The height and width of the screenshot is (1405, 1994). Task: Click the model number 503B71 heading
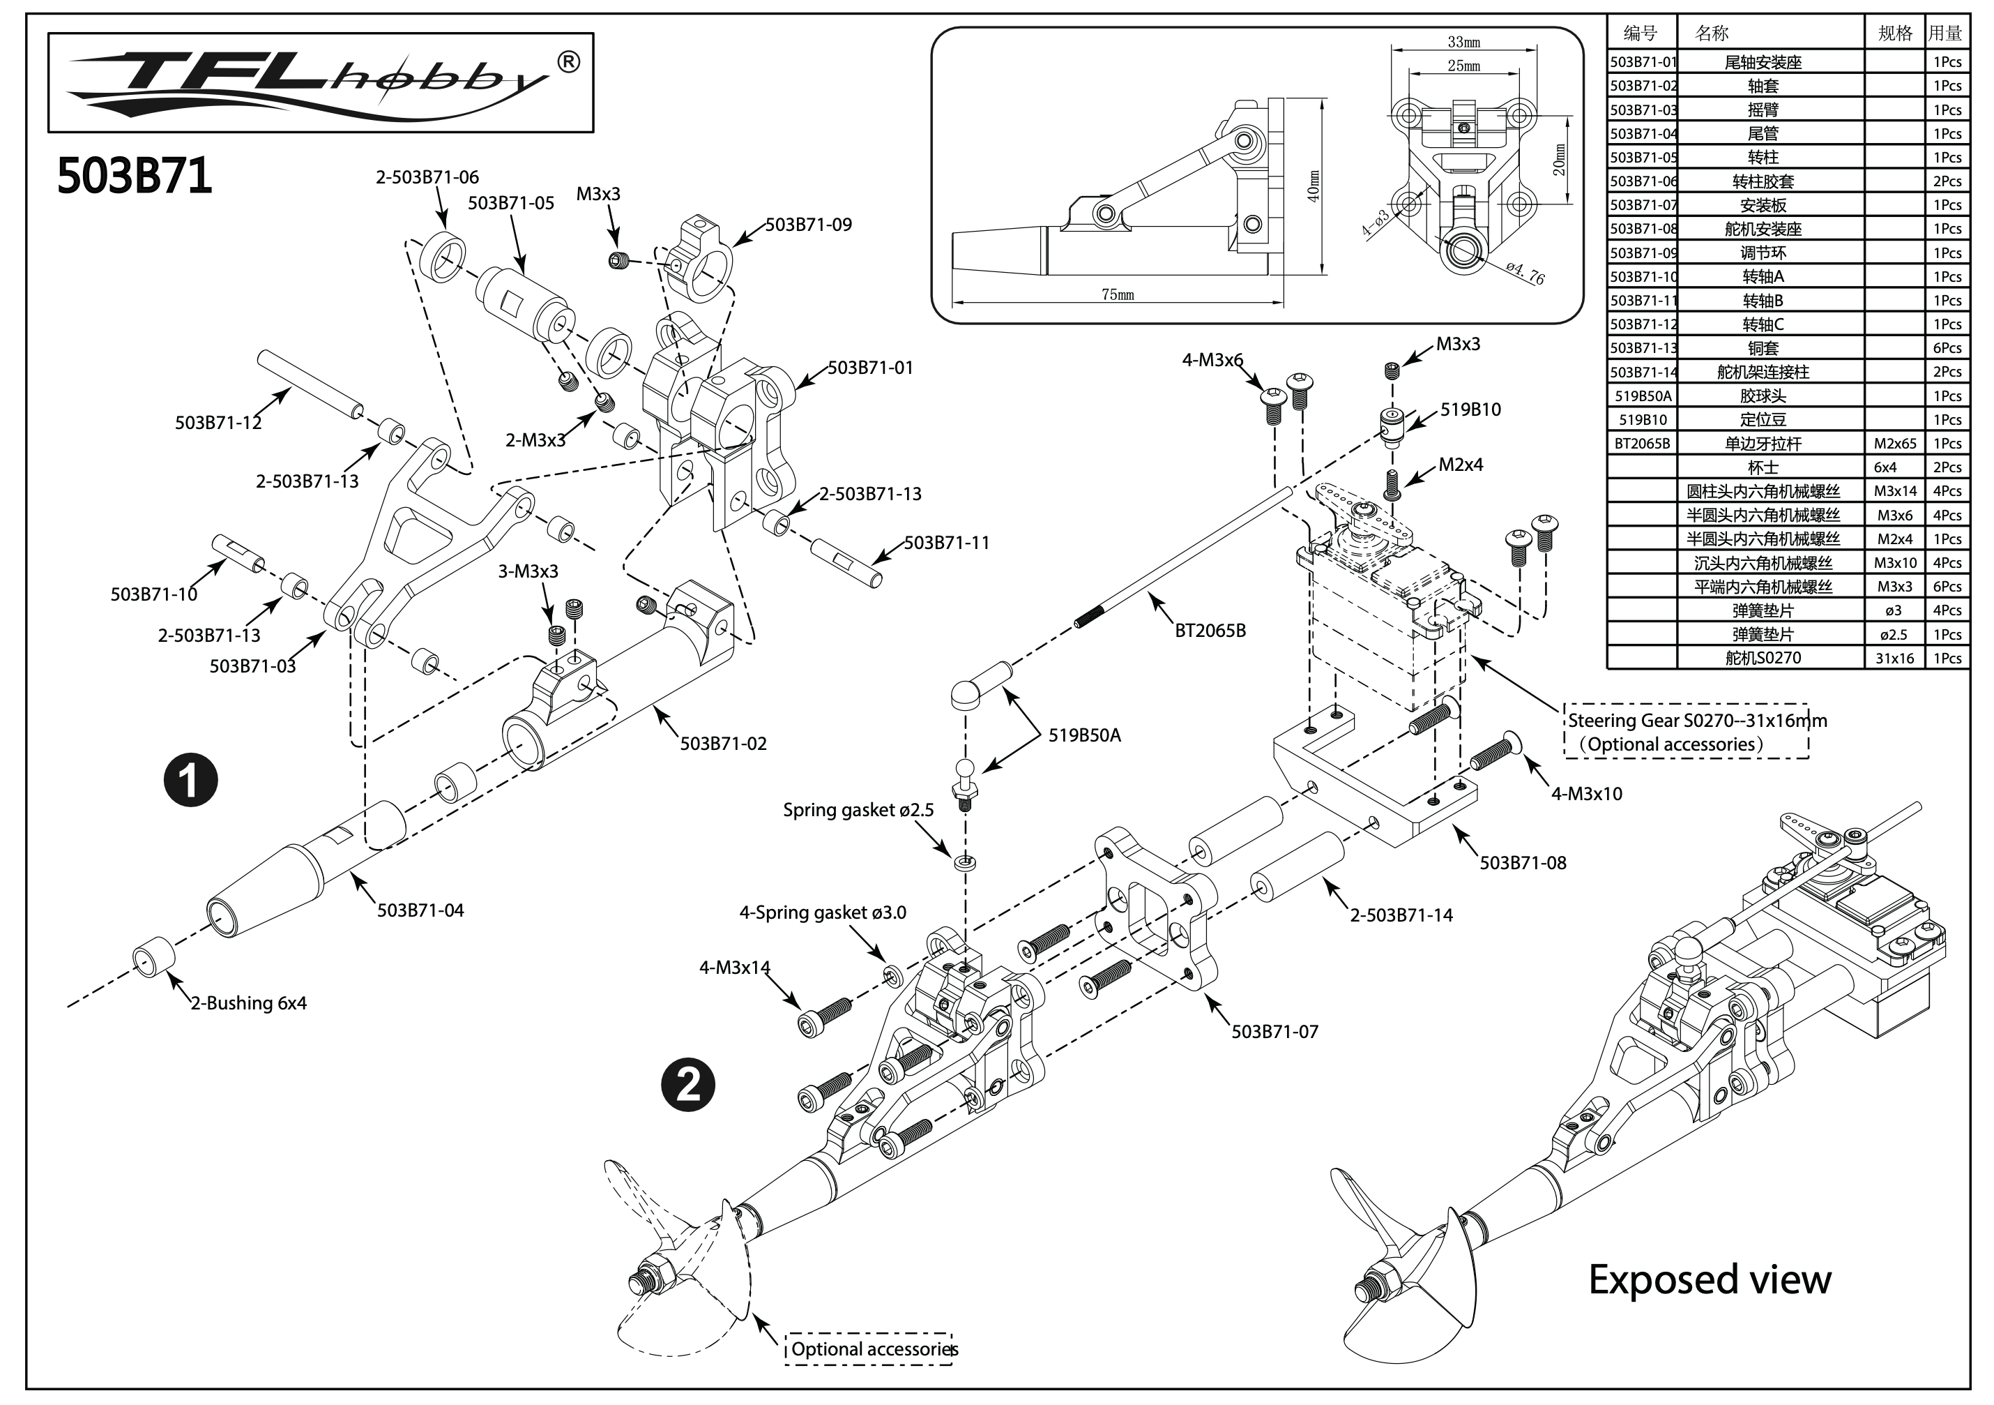point(135,176)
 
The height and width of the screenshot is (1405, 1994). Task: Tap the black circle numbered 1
point(190,779)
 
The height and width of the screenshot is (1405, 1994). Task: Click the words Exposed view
point(1709,1280)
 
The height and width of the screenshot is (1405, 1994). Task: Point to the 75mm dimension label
point(1117,294)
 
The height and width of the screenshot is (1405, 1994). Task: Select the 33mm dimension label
point(1463,42)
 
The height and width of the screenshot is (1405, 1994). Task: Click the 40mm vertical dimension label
point(1314,185)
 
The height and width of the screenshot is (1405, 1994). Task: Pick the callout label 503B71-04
point(420,910)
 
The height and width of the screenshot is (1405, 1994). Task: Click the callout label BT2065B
point(1210,631)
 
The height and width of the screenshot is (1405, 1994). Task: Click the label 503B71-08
point(1523,863)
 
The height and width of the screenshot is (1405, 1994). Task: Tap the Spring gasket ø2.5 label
point(858,810)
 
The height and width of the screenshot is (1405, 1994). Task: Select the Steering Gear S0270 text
point(1697,721)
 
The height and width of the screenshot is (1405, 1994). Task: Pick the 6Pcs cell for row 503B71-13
point(1947,347)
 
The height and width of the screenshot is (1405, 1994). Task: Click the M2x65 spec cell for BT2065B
point(1894,443)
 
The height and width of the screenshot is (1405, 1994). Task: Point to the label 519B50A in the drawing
point(1084,735)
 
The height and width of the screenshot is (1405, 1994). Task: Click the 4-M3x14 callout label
point(735,967)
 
